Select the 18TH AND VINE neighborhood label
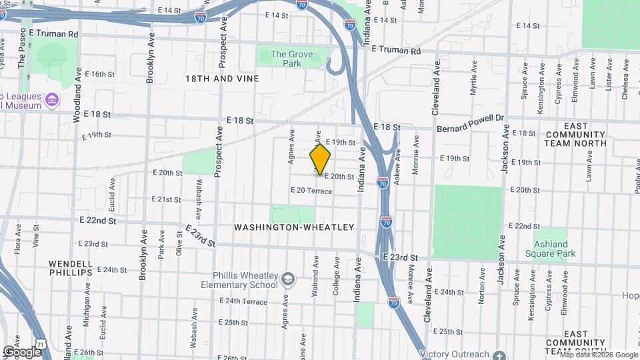click(222, 79)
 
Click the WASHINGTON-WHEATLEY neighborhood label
click(294, 227)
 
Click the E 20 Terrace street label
click(311, 191)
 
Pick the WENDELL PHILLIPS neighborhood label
click(69, 268)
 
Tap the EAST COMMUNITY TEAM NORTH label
click(585, 134)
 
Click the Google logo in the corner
click(22, 351)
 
